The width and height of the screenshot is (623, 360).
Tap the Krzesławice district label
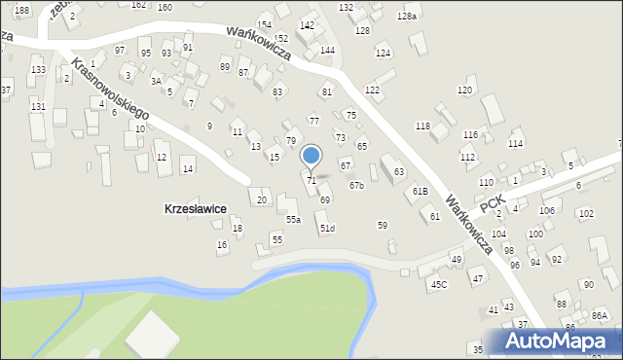[196, 208]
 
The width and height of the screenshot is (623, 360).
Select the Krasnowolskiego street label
[110, 87]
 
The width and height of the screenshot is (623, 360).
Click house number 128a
[407, 17]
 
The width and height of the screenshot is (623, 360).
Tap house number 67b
[356, 185]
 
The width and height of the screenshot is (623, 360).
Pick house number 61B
[420, 191]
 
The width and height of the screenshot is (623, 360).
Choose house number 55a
[293, 220]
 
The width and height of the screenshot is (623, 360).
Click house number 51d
[327, 229]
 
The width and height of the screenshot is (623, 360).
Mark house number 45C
[439, 284]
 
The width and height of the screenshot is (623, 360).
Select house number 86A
[599, 316]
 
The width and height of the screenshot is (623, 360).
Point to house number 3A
[156, 82]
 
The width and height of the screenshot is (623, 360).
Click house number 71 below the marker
[311, 181]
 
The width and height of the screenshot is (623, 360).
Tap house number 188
[21, 9]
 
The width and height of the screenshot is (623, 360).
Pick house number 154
[265, 24]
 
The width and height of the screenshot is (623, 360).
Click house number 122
[372, 90]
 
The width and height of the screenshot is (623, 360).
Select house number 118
[422, 126]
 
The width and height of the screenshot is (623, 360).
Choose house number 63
[399, 172]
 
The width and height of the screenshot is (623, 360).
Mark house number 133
[37, 70]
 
